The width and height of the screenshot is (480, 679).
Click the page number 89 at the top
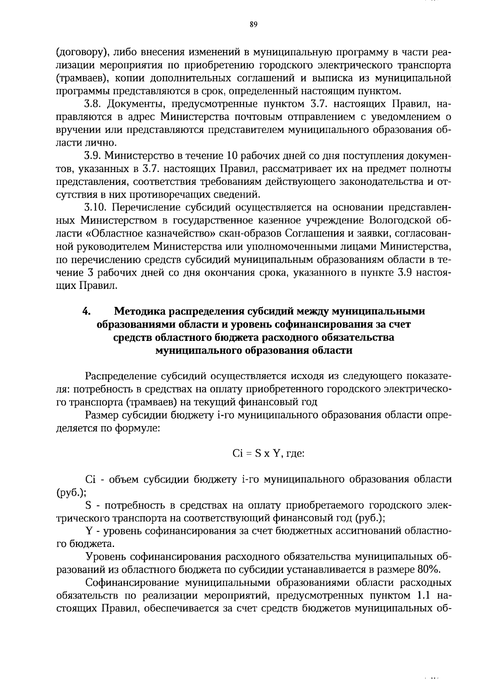(x=253, y=24)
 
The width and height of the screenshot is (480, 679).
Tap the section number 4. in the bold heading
(x=86, y=311)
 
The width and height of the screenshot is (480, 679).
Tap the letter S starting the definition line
(x=89, y=505)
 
